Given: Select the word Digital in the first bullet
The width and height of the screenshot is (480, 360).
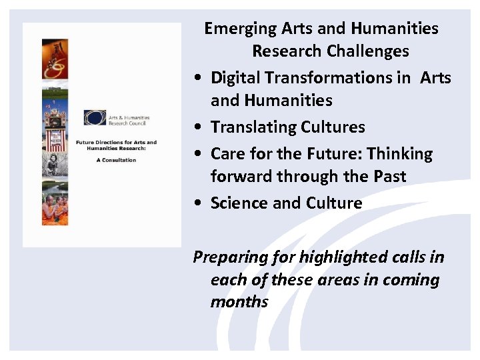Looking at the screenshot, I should pos(235,78).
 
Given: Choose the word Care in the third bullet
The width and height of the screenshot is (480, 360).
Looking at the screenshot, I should pos(227,154).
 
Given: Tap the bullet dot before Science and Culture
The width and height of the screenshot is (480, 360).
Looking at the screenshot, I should pos(199,204).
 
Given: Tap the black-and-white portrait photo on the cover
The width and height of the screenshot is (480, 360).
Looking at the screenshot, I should pos(55,163).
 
